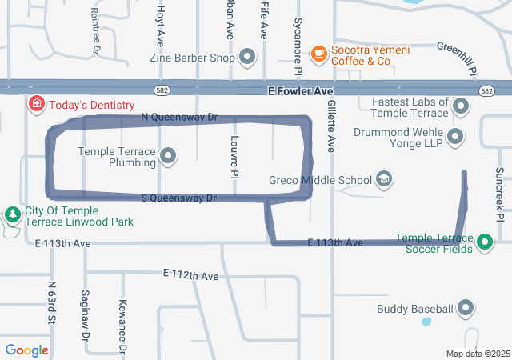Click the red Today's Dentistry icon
(x=36, y=104)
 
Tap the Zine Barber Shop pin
(x=247, y=58)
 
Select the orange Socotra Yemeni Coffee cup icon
(x=318, y=53)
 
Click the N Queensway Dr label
(x=179, y=117)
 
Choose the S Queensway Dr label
(x=178, y=198)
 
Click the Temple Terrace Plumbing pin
(x=168, y=156)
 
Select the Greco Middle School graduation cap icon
(x=384, y=179)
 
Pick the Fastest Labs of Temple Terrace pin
(x=461, y=106)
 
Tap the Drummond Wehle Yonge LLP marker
(x=455, y=137)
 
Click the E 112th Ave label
(x=190, y=275)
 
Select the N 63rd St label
(x=51, y=302)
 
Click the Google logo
(x=26, y=350)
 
